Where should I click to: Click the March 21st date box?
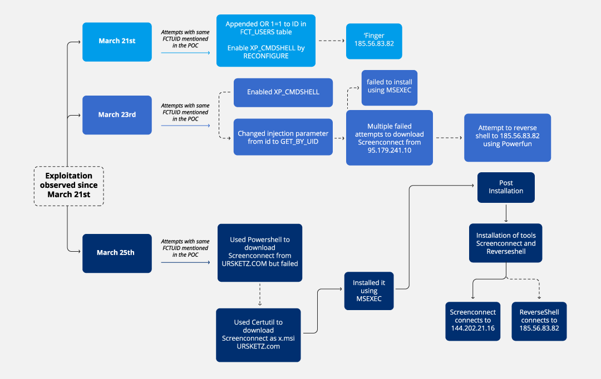click(x=117, y=42)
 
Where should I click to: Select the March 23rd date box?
click(x=117, y=114)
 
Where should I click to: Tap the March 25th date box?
click(x=117, y=253)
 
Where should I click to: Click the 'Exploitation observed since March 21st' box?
click(x=69, y=186)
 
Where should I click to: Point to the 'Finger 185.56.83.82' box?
click(x=373, y=41)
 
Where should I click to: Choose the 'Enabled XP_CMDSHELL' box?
click(x=283, y=92)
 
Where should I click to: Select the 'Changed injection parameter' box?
click(x=283, y=137)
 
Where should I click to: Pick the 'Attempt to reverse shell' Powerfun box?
click(x=508, y=137)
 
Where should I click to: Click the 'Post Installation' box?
click(x=506, y=187)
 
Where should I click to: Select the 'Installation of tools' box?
click(x=506, y=243)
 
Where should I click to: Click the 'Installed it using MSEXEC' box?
click(x=368, y=291)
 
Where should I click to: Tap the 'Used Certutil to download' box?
click(x=258, y=335)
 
